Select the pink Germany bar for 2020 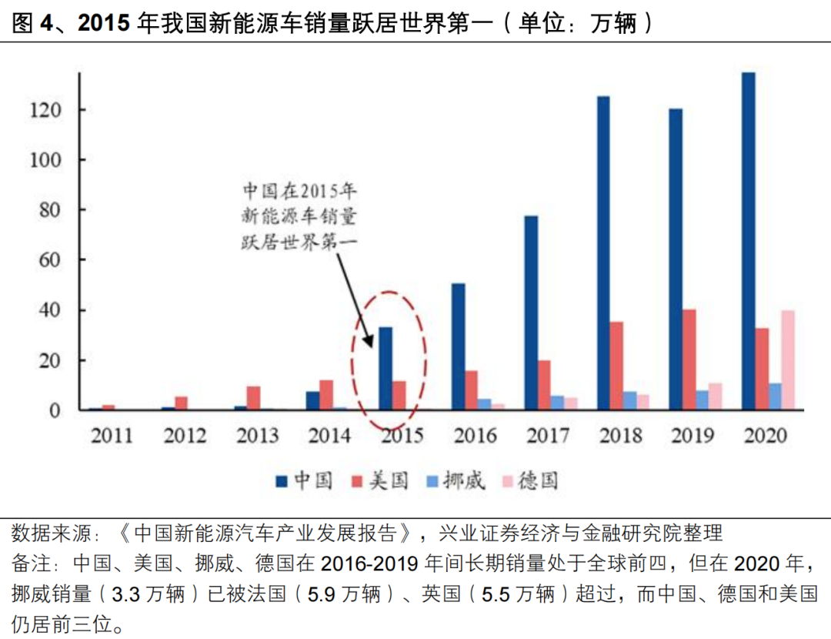(787, 360)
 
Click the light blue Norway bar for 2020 (775, 396)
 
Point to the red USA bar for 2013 (254, 397)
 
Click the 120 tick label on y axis (46, 110)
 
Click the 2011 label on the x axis (112, 436)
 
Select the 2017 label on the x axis (547, 436)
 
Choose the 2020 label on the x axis (766, 436)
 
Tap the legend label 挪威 (465, 482)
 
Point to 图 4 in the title (32, 24)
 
